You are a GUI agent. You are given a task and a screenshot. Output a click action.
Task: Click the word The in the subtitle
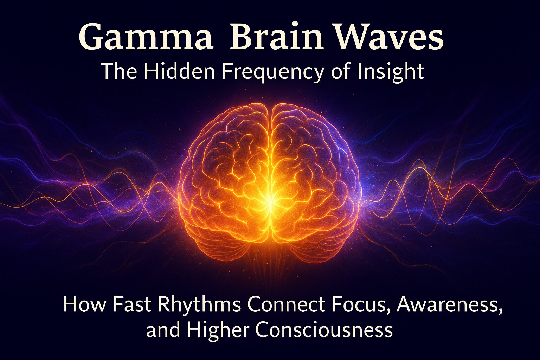coord(119,71)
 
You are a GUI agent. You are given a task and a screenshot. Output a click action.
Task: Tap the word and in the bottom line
coord(163,329)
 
